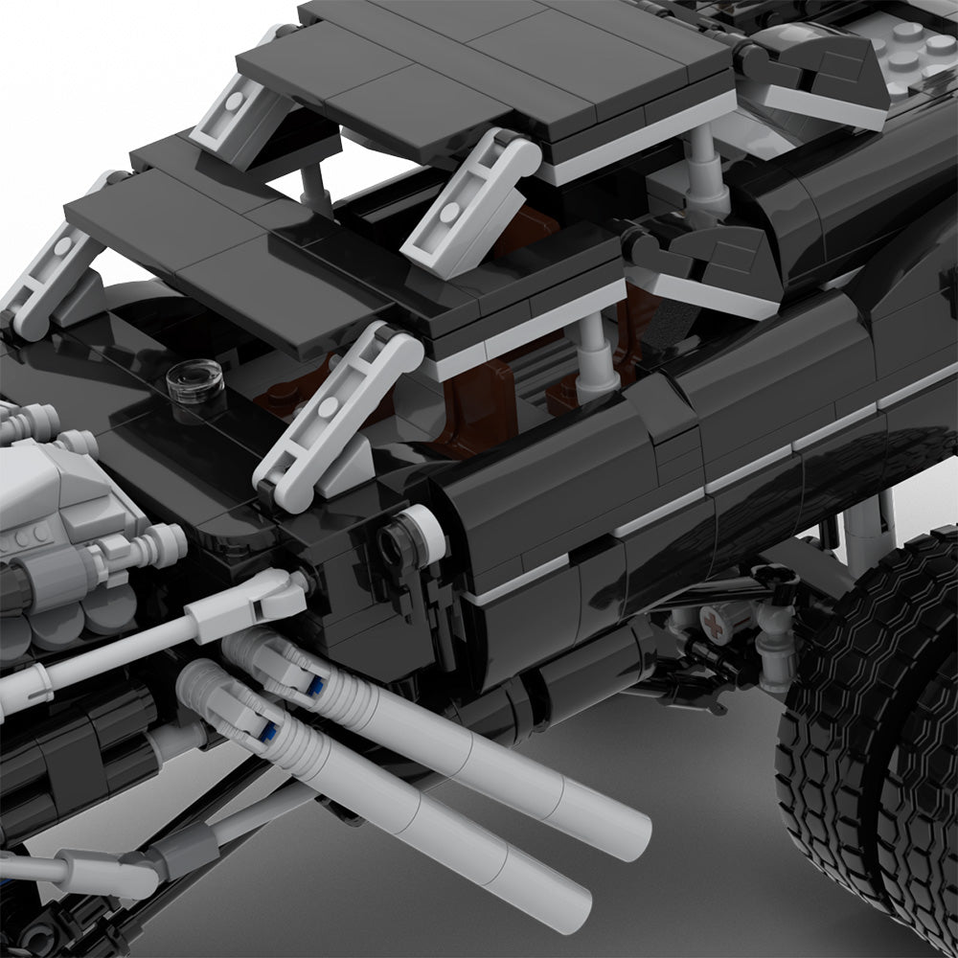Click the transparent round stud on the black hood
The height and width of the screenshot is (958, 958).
point(196,376)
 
